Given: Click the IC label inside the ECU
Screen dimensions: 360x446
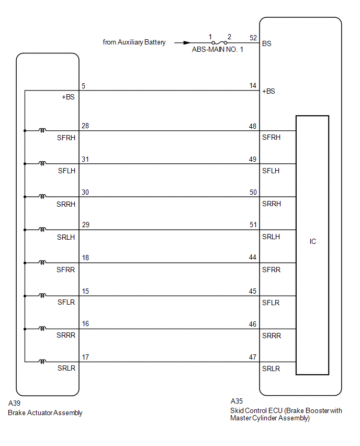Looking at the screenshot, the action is point(313,241).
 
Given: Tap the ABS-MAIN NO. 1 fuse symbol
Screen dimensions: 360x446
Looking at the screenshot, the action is point(219,43).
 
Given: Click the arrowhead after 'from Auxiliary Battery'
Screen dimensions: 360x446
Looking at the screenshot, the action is point(187,43).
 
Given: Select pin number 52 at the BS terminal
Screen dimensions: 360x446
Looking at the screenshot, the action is point(253,38).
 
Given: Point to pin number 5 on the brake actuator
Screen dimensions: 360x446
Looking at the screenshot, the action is point(83,86).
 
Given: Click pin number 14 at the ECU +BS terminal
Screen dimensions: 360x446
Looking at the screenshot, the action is point(253,86).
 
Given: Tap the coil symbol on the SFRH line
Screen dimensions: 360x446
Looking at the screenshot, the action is point(42,130).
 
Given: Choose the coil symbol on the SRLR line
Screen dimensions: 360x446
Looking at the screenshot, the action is point(42,362).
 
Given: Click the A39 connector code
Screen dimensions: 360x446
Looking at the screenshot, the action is point(14,403).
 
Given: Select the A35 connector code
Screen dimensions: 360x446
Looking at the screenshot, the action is point(237,401).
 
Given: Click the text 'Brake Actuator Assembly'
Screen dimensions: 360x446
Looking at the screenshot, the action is point(45,412).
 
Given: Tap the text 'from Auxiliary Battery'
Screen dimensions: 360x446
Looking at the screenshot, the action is point(134,42).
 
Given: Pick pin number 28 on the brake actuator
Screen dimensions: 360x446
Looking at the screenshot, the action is point(85,126).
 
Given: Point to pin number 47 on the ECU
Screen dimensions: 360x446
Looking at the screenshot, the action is point(253,357).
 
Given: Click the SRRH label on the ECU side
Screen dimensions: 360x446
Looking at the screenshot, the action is point(272,204).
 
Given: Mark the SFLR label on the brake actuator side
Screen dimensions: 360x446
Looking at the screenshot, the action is point(66,302).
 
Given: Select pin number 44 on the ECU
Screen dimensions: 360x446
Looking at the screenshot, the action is point(253,257).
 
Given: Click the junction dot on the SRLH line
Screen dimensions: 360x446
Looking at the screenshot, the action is point(25,230).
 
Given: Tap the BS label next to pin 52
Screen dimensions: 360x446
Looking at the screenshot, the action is point(267,43).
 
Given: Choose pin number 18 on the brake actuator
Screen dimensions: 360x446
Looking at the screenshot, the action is point(85,258).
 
